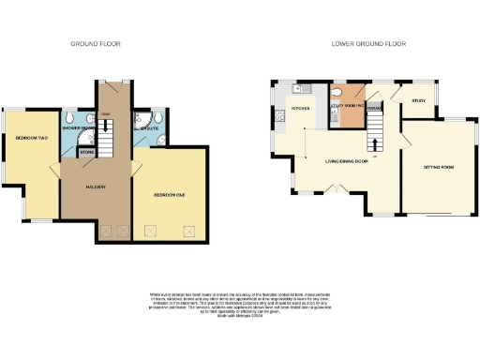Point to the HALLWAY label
(x=94, y=187)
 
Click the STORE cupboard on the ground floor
(x=86, y=151)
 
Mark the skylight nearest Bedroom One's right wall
(x=187, y=228)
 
